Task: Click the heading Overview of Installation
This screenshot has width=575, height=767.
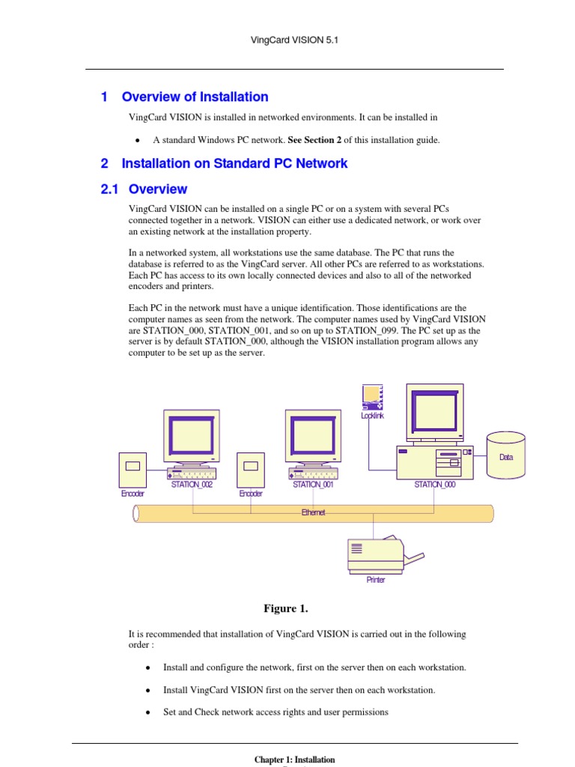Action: coord(195,97)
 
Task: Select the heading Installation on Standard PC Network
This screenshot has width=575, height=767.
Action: coord(234,163)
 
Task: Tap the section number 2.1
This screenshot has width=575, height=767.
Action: coord(110,190)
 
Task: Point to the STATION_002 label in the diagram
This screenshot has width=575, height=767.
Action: coord(192,485)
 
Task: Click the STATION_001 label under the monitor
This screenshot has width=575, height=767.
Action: coord(313,485)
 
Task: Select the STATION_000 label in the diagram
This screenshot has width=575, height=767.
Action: coord(434,485)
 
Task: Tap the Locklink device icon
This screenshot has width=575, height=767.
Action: coord(372,397)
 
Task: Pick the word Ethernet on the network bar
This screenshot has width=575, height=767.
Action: coord(313,512)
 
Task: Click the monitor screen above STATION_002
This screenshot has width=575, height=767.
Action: coord(192,434)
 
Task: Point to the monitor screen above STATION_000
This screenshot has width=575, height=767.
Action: coord(434,409)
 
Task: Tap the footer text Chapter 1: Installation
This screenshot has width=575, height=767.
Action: coord(294,760)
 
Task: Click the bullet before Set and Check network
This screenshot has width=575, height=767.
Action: coord(148,713)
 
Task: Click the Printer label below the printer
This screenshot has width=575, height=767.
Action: coord(376,580)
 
